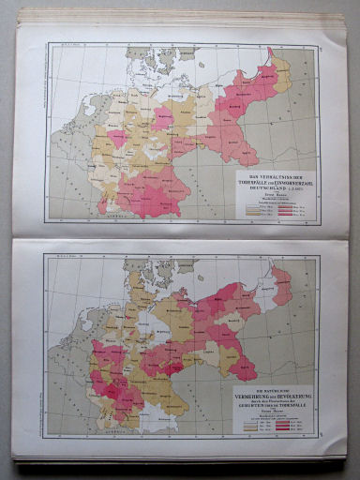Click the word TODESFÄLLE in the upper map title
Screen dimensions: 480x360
(x=256, y=184)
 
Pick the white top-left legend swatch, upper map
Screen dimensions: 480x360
(x=253, y=205)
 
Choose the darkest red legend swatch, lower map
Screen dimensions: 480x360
(x=283, y=428)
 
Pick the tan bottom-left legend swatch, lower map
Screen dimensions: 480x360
(x=250, y=428)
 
